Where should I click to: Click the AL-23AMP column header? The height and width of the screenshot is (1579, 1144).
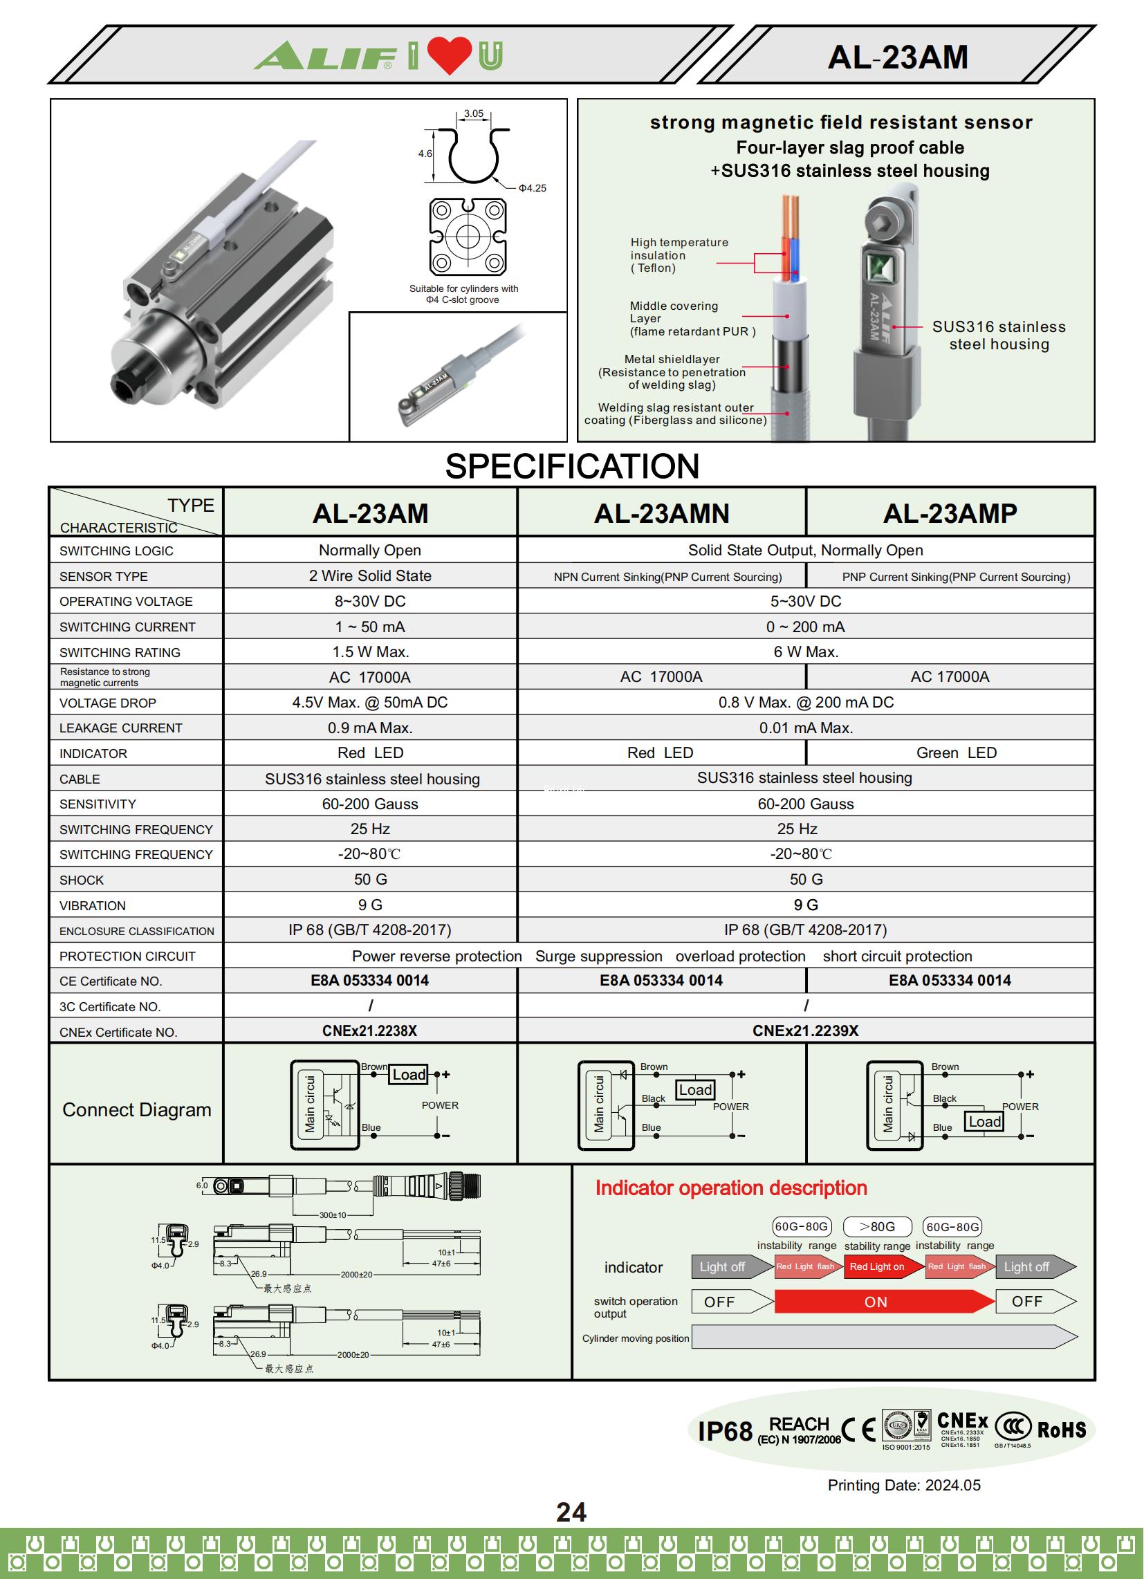949,513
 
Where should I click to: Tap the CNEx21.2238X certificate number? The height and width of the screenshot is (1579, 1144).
369,1031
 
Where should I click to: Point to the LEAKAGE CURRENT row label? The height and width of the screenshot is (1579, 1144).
120,728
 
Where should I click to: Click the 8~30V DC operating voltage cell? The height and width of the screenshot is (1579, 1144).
370,601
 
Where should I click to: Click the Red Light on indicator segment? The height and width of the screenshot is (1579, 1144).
876,1266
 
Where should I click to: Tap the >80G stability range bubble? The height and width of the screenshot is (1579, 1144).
876,1226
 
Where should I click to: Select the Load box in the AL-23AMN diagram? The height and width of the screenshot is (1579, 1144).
695,1089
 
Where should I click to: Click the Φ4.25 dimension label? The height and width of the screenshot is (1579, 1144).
532,188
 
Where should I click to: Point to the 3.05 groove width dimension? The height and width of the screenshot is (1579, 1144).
474,113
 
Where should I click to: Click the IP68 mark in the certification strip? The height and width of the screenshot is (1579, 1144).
724,1432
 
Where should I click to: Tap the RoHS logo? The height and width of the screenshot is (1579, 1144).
1060,1430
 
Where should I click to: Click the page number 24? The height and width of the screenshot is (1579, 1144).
571,1512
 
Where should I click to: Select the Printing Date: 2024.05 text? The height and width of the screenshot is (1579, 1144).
903,1485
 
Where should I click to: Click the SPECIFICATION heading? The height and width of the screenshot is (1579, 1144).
571,465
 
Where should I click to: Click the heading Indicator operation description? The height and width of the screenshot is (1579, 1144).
730,1188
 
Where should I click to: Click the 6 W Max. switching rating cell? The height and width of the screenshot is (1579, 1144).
806,652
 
